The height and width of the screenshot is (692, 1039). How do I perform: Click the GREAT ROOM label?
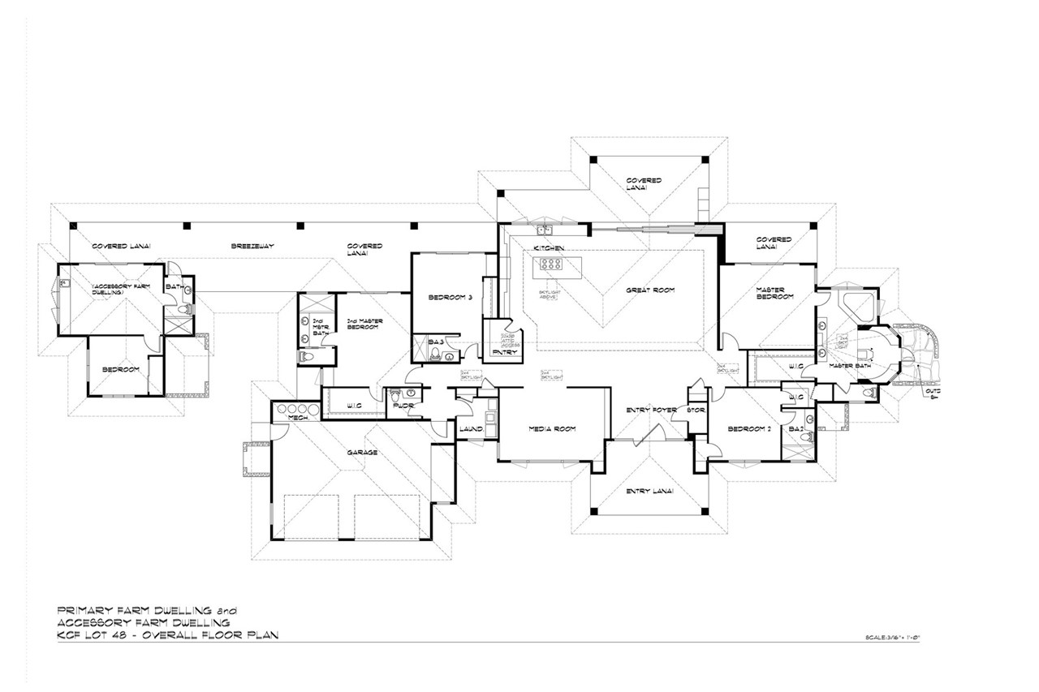[x=650, y=290]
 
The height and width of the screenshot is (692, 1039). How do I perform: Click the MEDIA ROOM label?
[x=552, y=429]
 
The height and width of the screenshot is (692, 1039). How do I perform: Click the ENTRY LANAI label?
[x=646, y=491]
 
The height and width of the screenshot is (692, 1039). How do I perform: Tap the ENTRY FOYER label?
[x=646, y=410]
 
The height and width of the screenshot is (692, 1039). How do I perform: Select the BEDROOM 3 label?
[x=451, y=298]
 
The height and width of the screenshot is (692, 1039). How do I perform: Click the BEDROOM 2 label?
[x=748, y=429]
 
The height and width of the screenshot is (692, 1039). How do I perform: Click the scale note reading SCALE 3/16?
[x=890, y=638]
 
